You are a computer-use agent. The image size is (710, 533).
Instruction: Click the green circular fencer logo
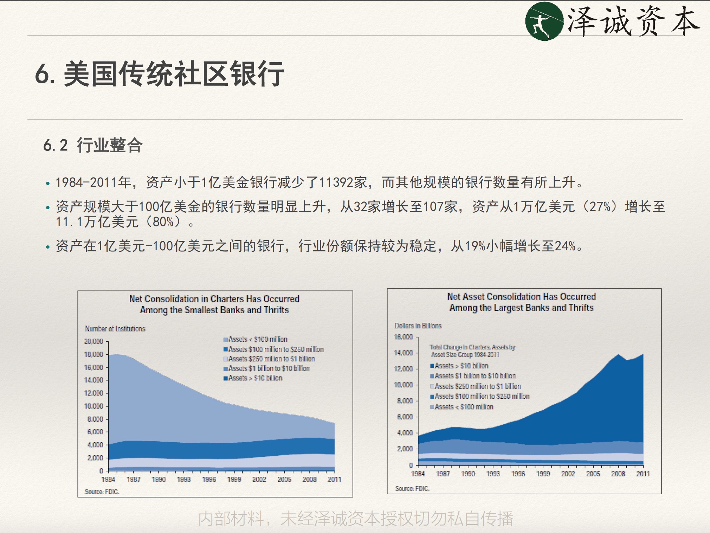point(544,21)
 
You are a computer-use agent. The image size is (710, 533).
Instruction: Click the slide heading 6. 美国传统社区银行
point(160,73)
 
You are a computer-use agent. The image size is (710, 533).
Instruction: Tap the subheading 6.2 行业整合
point(93,145)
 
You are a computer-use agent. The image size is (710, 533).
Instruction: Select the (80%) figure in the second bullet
point(163,222)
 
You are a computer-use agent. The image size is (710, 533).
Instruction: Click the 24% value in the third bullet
point(565,246)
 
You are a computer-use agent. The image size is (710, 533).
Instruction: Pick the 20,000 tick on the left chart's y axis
point(93,341)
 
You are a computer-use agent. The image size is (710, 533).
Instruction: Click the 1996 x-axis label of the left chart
point(209,479)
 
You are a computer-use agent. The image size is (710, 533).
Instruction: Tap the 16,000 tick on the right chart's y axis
point(403,337)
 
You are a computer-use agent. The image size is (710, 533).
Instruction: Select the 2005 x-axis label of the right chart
point(593,474)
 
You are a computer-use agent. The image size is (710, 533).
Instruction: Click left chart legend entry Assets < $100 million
point(255,339)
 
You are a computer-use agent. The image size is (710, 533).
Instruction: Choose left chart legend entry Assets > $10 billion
point(253,378)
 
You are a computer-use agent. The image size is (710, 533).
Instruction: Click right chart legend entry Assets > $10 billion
point(459,366)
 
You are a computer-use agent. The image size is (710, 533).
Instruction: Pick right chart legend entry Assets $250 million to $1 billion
point(476,386)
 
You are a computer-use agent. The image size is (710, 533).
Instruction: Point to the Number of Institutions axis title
point(115,329)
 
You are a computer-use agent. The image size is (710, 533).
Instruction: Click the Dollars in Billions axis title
point(418,326)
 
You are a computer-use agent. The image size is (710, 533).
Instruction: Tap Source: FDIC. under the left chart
point(102,492)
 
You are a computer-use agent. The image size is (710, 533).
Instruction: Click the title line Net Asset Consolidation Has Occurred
point(522,296)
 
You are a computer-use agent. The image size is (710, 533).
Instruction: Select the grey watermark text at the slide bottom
point(356,519)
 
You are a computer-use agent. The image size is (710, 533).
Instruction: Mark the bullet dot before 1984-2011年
point(48,183)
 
